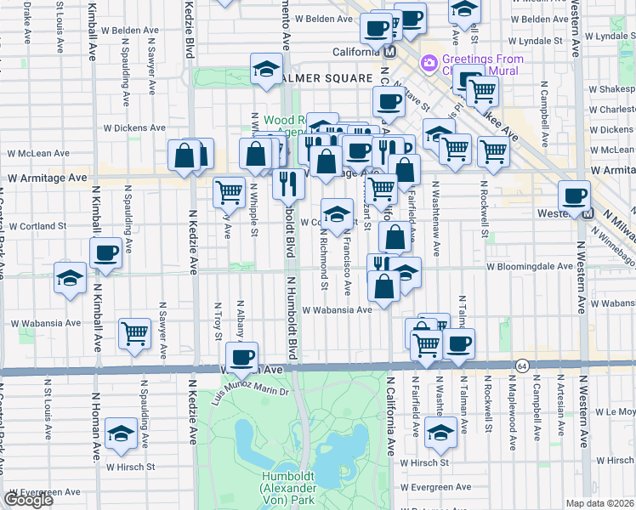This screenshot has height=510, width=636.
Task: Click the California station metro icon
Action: point(390,51)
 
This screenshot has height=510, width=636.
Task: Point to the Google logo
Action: point(28,500)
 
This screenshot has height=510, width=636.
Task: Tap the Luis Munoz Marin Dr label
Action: point(253,388)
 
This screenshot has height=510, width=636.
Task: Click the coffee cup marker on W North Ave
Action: point(242,357)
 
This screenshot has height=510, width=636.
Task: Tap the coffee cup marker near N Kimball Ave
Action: point(106,252)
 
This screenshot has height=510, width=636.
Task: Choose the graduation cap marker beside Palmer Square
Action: point(266,69)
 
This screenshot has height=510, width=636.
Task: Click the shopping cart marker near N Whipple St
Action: point(229,192)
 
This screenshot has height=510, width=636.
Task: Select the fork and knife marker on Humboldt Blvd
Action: point(289,183)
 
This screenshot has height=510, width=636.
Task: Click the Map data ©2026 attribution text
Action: point(600,503)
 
